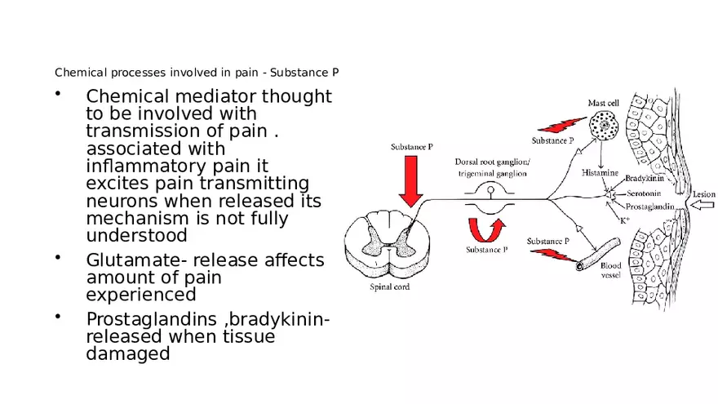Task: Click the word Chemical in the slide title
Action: click(76, 73)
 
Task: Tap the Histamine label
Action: click(598, 173)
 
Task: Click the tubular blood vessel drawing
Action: click(596, 255)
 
